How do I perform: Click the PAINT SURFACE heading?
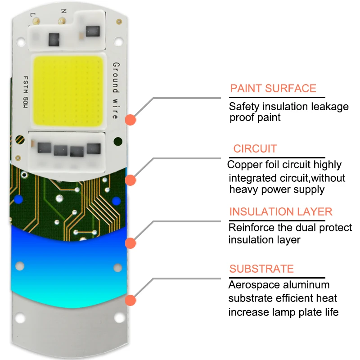click(273, 88)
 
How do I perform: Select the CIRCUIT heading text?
click(255, 148)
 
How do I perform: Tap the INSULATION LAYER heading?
click(281, 211)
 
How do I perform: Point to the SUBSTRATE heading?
click(261, 269)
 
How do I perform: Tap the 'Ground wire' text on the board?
click(115, 90)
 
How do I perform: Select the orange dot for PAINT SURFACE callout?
click(130, 120)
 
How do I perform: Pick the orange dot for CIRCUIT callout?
click(130, 180)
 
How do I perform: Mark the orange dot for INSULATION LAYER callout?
click(130, 243)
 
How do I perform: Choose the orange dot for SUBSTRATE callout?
click(130, 300)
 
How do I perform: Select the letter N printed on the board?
click(63, 10)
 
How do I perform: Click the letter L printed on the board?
click(32, 15)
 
